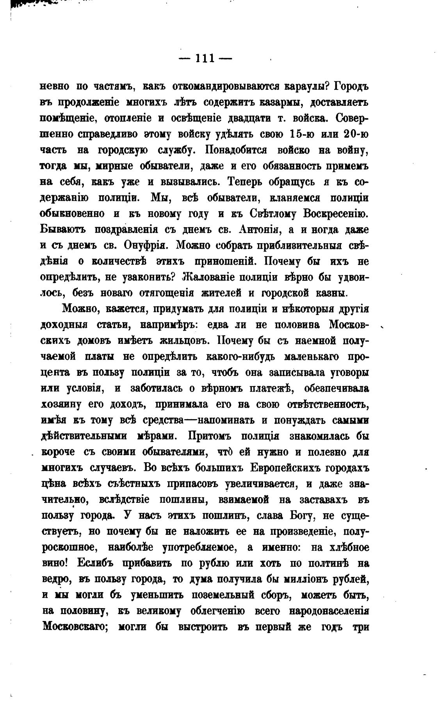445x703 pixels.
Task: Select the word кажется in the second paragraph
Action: coord(121,309)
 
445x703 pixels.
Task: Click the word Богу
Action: coord(303,515)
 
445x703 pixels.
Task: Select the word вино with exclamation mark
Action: coord(55,563)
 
